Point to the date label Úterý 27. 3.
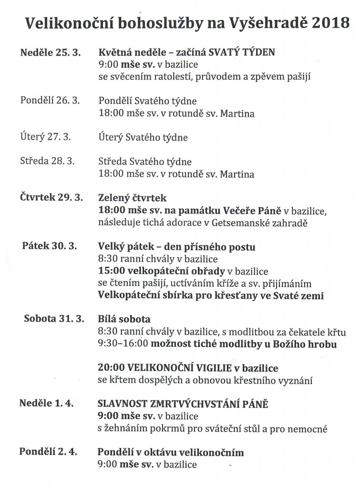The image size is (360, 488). pyautogui.click(x=46, y=137)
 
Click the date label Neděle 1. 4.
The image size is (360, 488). pyautogui.click(x=46, y=404)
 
